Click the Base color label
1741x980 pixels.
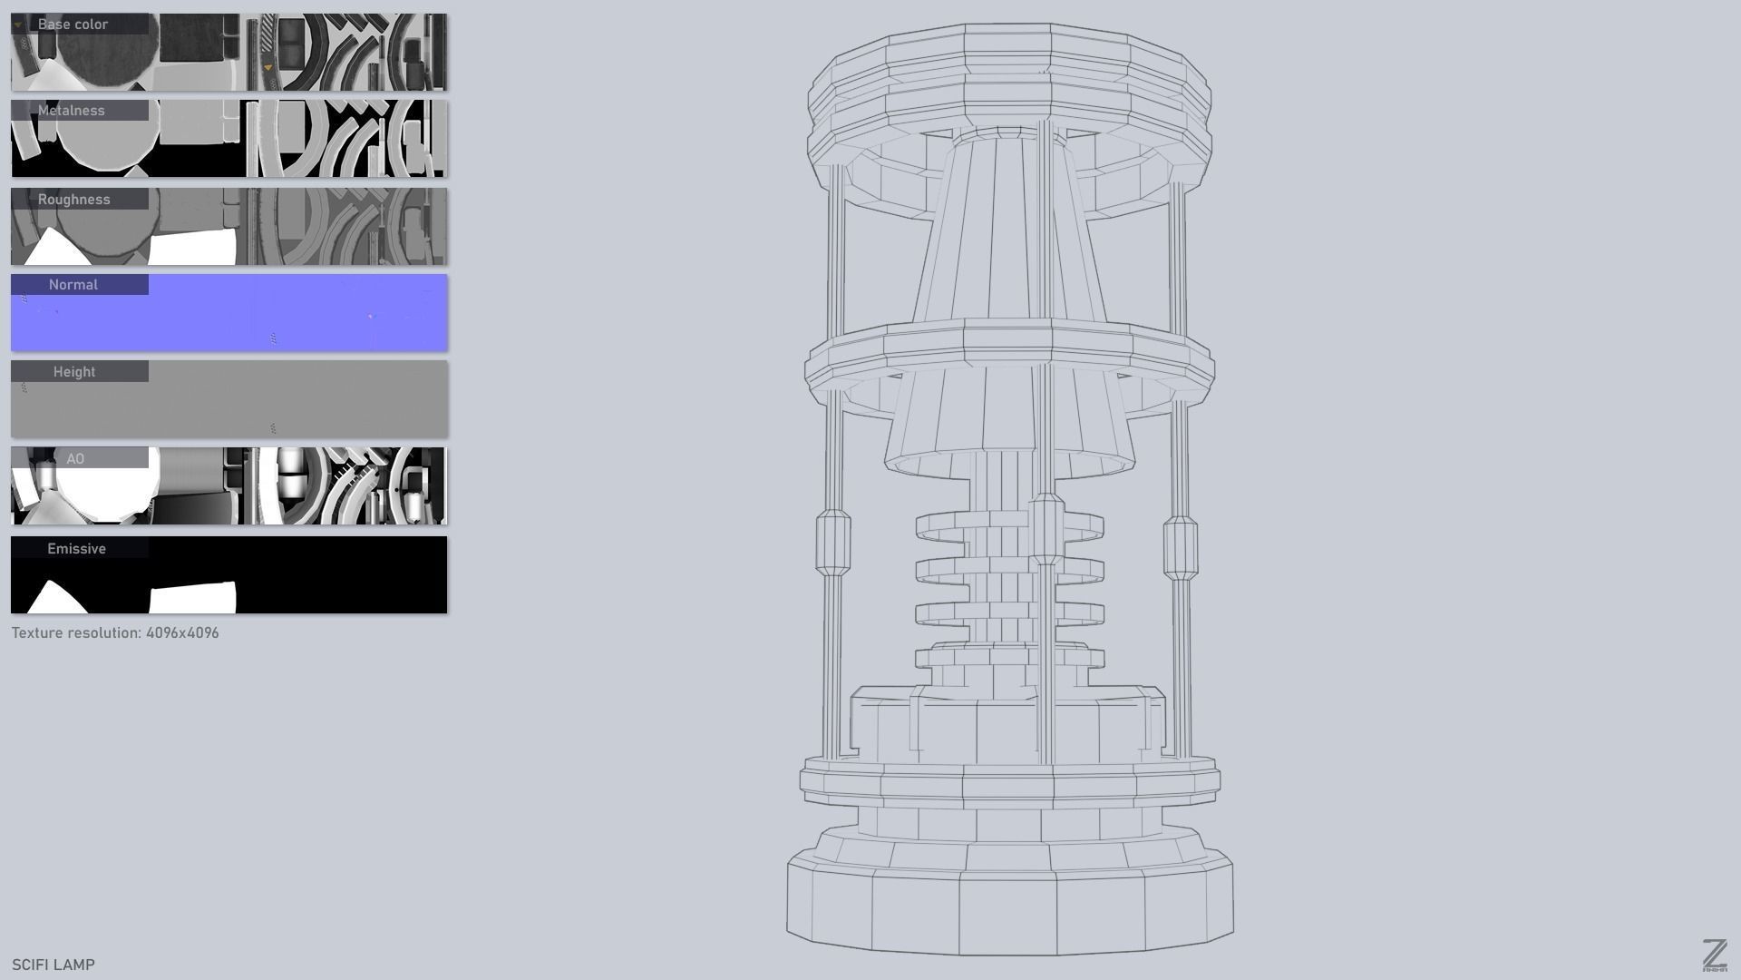tap(73, 24)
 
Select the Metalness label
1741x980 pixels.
tap(72, 111)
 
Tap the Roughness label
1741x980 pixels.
tap(73, 200)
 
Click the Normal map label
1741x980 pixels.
tap(73, 285)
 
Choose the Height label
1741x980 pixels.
tap(74, 372)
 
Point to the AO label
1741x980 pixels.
tap(75, 459)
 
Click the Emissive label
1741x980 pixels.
tap(76, 549)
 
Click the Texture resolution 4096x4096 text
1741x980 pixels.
tap(115, 633)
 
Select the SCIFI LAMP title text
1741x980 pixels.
tap(53, 965)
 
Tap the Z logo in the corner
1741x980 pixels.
tap(1714, 955)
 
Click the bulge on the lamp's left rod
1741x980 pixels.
tap(832, 543)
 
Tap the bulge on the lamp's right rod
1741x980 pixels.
tap(1180, 548)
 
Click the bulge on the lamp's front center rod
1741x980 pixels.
tap(1047, 528)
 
